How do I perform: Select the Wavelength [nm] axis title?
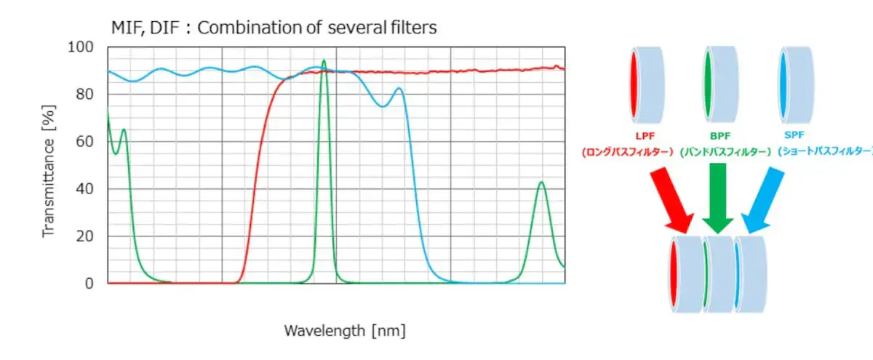[344, 331]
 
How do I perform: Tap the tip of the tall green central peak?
[324, 60]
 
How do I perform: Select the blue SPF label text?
[791, 135]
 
